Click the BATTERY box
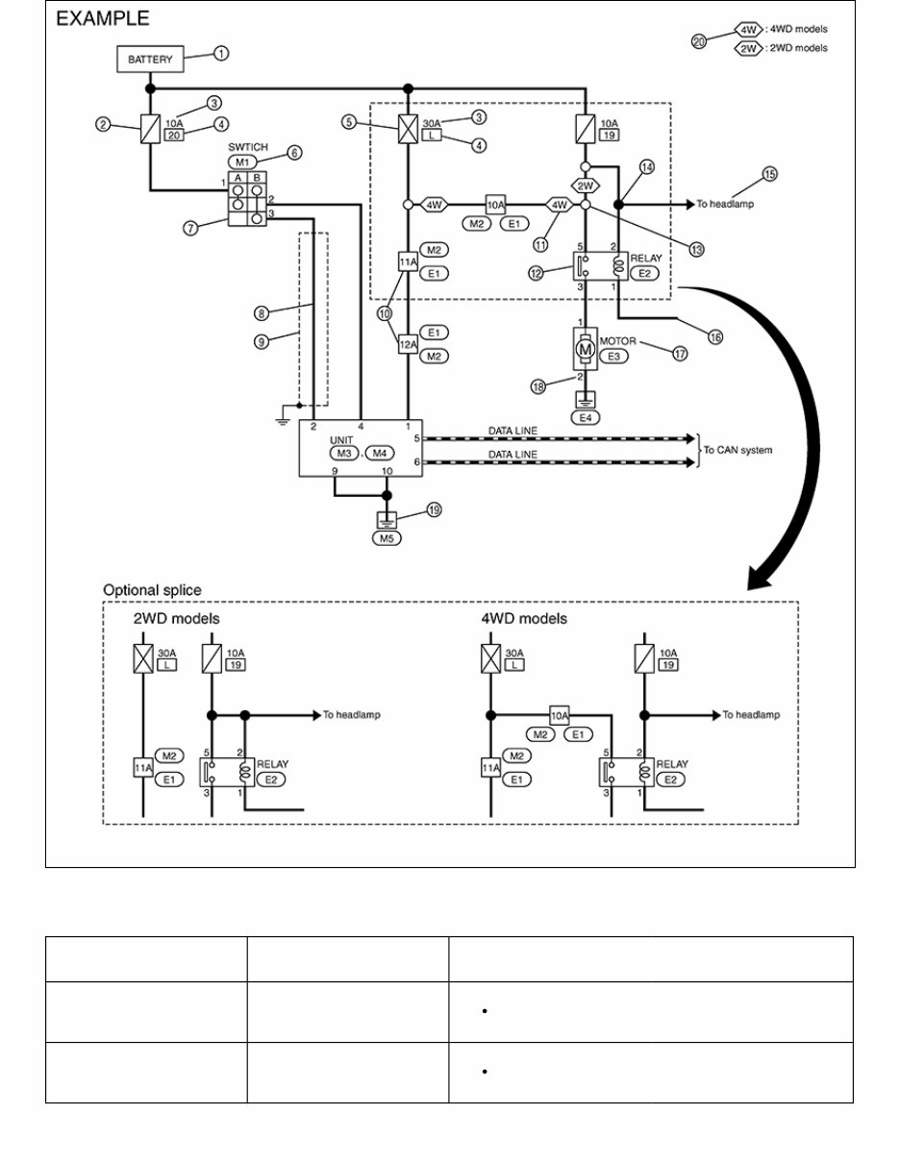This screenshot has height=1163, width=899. pyautogui.click(x=150, y=59)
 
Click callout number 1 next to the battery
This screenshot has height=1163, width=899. pyautogui.click(x=221, y=54)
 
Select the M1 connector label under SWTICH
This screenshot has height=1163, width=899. pyautogui.click(x=242, y=161)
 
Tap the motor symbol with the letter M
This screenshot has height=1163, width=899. pyautogui.click(x=585, y=350)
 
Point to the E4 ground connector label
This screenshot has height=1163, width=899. pyautogui.click(x=586, y=417)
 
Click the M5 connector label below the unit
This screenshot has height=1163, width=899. pyautogui.click(x=387, y=538)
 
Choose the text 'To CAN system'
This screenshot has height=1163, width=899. pyautogui.click(x=737, y=450)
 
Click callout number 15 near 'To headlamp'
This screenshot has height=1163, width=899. pyautogui.click(x=769, y=175)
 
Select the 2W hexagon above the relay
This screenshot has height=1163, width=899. pyautogui.click(x=586, y=186)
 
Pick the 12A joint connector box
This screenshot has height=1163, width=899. pyautogui.click(x=408, y=344)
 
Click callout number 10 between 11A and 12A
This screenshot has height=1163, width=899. pyautogui.click(x=385, y=313)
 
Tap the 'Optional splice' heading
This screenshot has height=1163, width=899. pyautogui.click(x=152, y=590)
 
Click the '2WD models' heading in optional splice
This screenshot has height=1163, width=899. pyautogui.click(x=176, y=619)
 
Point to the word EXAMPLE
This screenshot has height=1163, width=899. pyautogui.click(x=102, y=18)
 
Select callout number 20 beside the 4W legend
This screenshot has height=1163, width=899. pyautogui.click(x=699, y=41)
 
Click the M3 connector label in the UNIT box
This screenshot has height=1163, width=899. pyautogui.click(x=344, y=454)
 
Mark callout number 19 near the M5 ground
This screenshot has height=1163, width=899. pyautogui.click(x=435, y=510)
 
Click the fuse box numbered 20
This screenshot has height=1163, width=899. pyautogui.click(x=173, y=136)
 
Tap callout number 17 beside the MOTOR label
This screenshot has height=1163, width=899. pyautogui.click(x=680, y=354)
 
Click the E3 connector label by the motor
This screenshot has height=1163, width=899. pyautogui.click(x=613, y=356)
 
